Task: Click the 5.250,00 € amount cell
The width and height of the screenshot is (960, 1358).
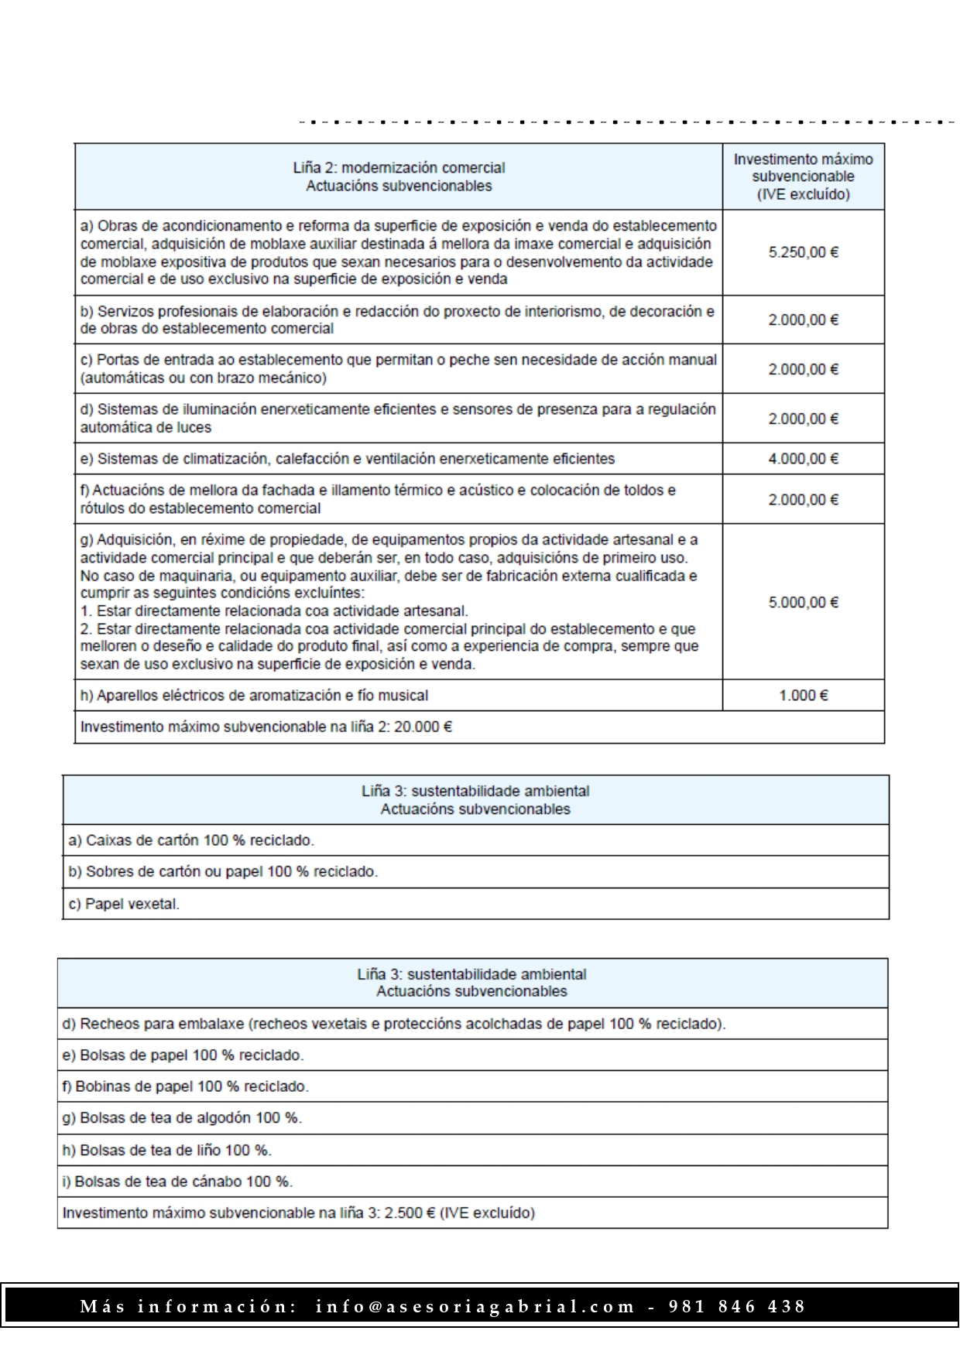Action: coord(803,252)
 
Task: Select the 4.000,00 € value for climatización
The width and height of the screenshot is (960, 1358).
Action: coord(803,459)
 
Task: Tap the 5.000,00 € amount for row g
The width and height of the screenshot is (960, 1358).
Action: coord(803,602)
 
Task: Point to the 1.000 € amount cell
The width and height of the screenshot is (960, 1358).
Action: coord(803,696)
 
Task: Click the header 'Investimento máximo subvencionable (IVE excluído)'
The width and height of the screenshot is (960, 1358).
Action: coord(803,176)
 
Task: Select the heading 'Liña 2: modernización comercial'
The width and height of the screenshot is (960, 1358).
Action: coord(399,168)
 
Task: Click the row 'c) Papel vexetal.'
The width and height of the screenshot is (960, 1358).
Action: coord(124,904)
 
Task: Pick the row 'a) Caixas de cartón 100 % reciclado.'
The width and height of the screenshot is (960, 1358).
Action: coord(191,840)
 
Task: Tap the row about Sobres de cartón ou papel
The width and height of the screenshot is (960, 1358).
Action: coord(223,872)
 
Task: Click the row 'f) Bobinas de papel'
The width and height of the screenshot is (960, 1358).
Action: coord(185,1086)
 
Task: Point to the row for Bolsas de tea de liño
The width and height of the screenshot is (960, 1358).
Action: coord(166,1151)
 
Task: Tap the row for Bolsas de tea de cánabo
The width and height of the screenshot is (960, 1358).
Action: coord(177,1182)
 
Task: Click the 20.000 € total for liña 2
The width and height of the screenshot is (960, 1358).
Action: coord(423,727)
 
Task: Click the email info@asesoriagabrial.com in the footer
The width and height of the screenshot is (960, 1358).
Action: coord(475,1307)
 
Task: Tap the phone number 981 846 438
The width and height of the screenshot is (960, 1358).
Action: coord(736,1307)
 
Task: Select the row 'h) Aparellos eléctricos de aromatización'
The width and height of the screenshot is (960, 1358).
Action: coord(254,696)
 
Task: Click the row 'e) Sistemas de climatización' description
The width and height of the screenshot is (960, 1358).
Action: coord(348,459)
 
